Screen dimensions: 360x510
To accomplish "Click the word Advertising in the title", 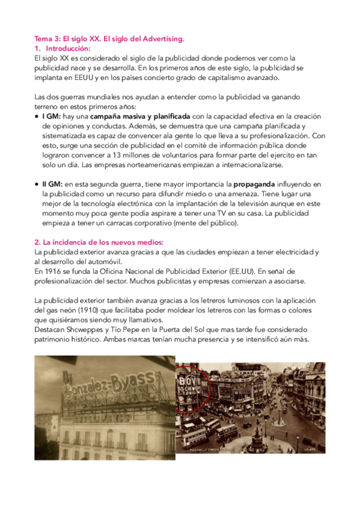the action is (x=161, y=39).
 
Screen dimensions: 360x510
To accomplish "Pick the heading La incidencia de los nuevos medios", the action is (x=95, y=241).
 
